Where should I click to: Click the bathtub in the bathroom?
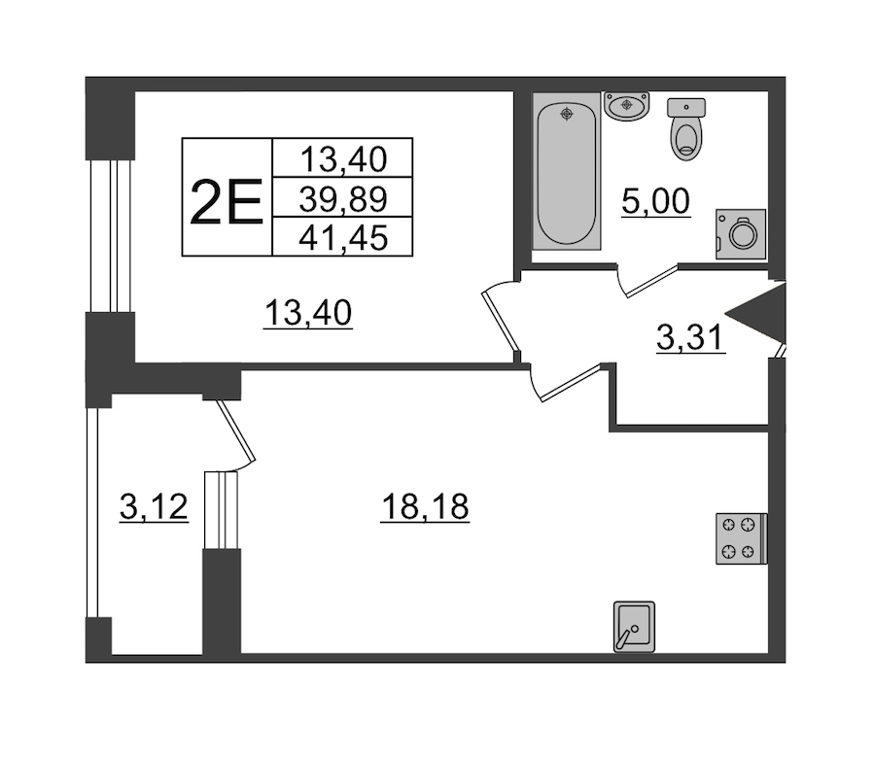567,171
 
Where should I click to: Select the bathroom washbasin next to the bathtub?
627,106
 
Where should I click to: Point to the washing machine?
741,234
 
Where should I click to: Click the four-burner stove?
742,538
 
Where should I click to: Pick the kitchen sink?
634,626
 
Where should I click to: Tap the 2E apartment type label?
227,202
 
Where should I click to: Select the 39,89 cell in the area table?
342,198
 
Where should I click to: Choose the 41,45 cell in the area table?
342,237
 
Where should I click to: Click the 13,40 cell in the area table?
342,158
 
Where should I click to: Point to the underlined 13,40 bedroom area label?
308,313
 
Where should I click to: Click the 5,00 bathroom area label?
655,202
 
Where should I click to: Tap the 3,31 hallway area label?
691,338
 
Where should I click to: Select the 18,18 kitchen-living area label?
425,507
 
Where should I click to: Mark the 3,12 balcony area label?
154,507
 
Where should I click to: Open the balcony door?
236,431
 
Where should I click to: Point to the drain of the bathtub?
567,115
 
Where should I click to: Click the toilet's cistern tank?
686,108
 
